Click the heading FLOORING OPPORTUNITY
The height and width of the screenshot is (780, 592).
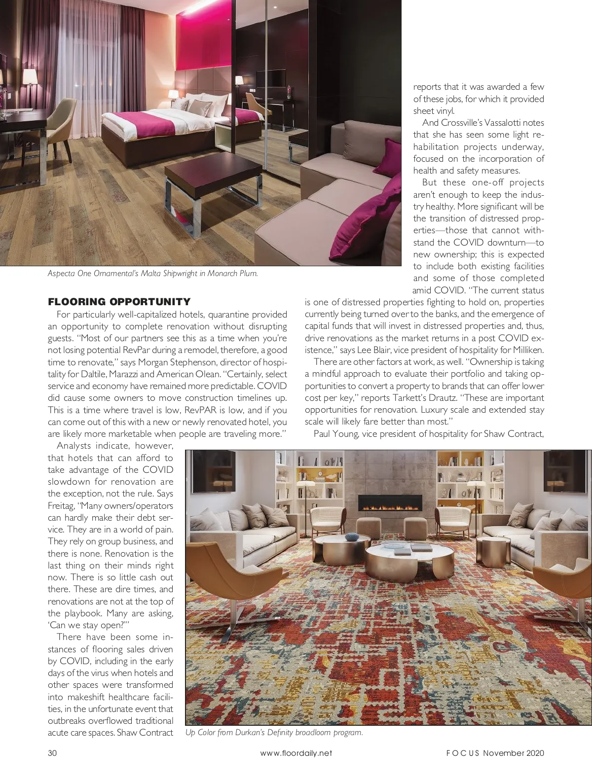[119, 302]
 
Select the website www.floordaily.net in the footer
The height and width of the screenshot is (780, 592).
[296, 753]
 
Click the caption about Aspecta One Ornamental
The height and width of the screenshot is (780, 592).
[152, 273]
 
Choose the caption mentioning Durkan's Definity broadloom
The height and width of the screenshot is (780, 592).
[274, 732]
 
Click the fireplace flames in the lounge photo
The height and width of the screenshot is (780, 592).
[390, 505]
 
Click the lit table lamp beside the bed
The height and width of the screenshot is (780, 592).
[173, 95]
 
